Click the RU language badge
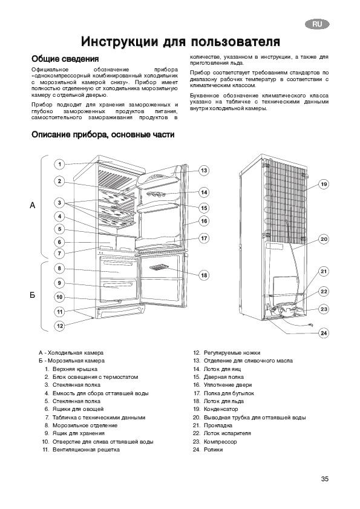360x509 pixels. tap(317, 24)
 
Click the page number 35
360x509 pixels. tap(325, 479)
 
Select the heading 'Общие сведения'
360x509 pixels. tap(65, 59)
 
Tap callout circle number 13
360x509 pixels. tap(204, 171)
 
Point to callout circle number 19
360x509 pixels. tap(324, 185)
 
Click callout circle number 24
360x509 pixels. tap(324, 333)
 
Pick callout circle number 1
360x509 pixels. tap(59, 164)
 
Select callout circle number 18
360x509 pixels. tap(204, 275)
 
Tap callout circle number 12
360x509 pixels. tap(60, 326)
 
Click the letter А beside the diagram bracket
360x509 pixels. tap(33, 206)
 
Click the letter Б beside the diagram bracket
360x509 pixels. tap(33, 295)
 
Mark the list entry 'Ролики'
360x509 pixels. tap(213, 450)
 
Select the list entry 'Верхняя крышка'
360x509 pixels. tap(75, 369)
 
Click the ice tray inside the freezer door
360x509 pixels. tap(159, 268)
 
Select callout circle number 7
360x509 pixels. tap(59, 254)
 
